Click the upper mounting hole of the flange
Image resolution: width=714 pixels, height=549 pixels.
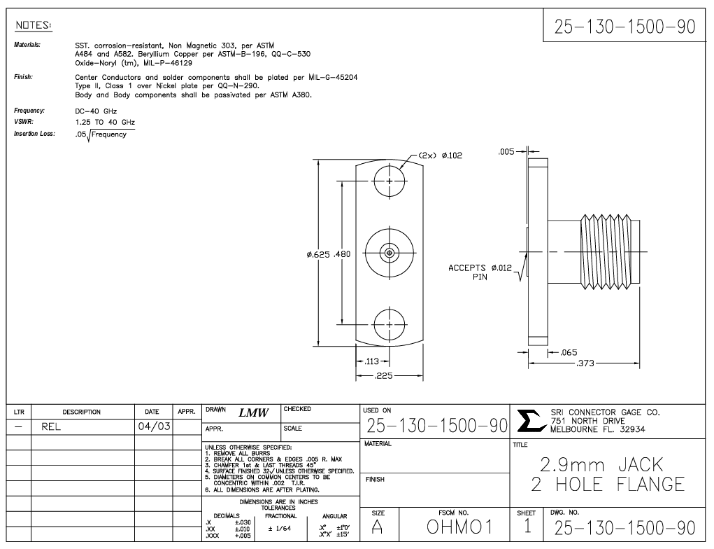click(390, 182)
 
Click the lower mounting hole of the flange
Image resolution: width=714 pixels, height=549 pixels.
click(390, 324)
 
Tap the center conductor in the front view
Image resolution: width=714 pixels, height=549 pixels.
click(390, 252)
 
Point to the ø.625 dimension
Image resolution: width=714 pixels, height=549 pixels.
click(318, 253)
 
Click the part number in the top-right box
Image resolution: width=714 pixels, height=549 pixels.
click(625, 27)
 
